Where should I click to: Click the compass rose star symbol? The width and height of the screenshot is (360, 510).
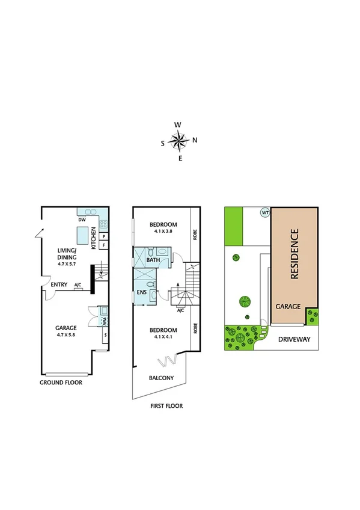pos(178,141)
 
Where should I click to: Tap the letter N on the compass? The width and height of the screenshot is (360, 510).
pos(195,141)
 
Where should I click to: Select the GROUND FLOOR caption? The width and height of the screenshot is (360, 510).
pos(61,382)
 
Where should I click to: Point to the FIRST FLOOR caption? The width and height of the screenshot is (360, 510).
pos(166,406)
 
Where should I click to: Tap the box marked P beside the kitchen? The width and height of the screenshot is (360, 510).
pos(103,237)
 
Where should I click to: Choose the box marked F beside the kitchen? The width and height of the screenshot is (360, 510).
pos(103,245)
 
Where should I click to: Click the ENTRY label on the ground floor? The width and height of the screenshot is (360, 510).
pos(59,285)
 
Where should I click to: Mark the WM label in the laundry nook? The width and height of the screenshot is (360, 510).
pos(103,322)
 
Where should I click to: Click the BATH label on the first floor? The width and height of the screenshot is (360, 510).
pos(153,260)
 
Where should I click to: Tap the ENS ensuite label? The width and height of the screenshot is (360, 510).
pos(141,293)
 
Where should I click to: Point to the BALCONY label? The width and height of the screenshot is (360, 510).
pos(161,378)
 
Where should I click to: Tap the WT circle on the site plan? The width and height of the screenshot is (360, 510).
pos(264,213)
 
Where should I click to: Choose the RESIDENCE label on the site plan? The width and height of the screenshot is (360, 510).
pos(294,254)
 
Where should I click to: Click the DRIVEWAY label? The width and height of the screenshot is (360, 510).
pos(294,339)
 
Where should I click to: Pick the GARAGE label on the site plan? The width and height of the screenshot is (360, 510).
pos(288,307)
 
